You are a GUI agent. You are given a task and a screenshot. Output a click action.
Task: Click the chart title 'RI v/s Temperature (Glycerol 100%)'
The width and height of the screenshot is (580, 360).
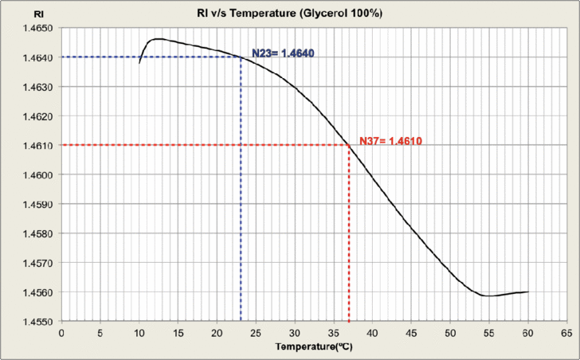[x=290, y=14]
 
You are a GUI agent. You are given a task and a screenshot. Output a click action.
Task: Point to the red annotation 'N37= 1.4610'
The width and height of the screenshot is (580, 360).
[x=390, y=141]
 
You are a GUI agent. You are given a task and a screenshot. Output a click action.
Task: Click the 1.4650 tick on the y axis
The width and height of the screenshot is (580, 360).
[x=35, y=29]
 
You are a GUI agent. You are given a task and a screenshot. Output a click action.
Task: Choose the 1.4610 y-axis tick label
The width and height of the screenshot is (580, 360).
[x=35, y=146]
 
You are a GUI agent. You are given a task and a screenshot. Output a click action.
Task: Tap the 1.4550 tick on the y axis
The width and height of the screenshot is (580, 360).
[x=35, y=322]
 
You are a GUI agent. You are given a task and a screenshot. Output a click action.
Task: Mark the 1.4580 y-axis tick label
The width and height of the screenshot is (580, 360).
[x=35, y=234]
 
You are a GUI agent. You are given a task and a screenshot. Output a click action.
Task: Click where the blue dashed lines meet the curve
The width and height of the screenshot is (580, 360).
[x=241, y=57]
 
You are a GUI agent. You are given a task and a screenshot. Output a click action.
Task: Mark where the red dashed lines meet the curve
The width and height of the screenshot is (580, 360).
[x=349, y=145]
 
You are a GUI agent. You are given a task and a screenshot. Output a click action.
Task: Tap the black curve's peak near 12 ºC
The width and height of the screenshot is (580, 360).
[x=156, y=38]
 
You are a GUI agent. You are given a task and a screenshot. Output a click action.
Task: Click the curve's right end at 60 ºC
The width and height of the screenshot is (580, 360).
[x=528, y=292]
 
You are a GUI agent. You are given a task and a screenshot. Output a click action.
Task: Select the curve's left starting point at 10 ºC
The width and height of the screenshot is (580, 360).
[x=139, y=63]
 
